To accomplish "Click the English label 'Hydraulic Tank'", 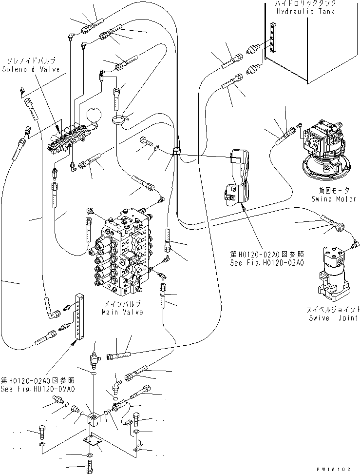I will pyautogui.click(x=305, y=11).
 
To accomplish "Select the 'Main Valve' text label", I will pyautogui.click(x=123, y=312).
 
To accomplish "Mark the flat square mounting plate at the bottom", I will pyautogui.click(x=92, y=439).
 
